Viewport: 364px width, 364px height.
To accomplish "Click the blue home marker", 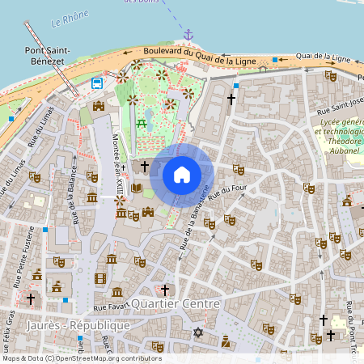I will [182, 175].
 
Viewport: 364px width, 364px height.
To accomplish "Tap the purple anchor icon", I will [188, 35].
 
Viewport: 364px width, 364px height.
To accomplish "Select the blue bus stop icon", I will [97, 83].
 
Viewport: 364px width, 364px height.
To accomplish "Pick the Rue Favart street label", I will [110, 307].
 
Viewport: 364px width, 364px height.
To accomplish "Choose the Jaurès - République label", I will [78, 324].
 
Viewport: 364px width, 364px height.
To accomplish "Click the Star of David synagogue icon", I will [197, 332].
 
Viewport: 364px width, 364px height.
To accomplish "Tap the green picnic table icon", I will [142, 122].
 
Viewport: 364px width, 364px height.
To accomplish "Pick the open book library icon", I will [137, 188].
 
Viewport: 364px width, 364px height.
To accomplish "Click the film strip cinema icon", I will [100, 278].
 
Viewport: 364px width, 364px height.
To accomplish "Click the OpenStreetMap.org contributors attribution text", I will [105, 358].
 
